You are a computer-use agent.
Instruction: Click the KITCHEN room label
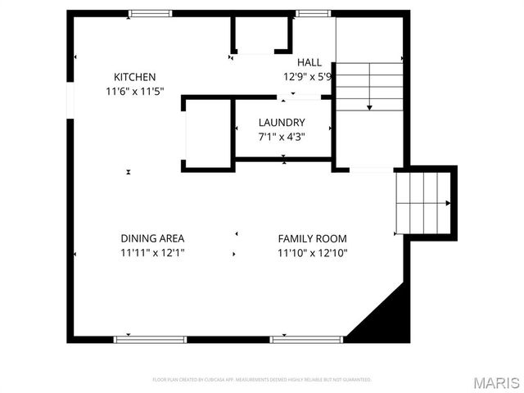[x=135, y=77]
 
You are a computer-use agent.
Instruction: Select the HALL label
[x=309, y=62]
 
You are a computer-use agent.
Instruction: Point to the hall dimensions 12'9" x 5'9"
[x=308, y=77]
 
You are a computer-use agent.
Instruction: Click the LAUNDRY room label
[x=282, y=123]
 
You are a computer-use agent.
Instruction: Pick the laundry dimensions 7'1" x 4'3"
[x=282, y=137]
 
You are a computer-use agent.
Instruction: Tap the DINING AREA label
[x=152, y=238]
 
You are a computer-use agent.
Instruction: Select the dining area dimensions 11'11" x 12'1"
[x=152, y=253]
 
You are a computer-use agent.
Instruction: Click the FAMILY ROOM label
[x=313, y=238]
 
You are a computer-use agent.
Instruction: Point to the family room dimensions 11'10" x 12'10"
[x=313, y=253]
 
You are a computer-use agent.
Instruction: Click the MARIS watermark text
[x=495, y=382]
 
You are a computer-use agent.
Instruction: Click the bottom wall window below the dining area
[x=150, y=338]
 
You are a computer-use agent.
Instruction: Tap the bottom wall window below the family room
[x=305, y=338]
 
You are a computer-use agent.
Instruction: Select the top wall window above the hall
[x=308, y=13]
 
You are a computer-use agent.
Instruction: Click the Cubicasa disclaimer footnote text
[x=262, y=380]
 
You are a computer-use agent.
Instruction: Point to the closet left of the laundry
[x=206, y=133]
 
